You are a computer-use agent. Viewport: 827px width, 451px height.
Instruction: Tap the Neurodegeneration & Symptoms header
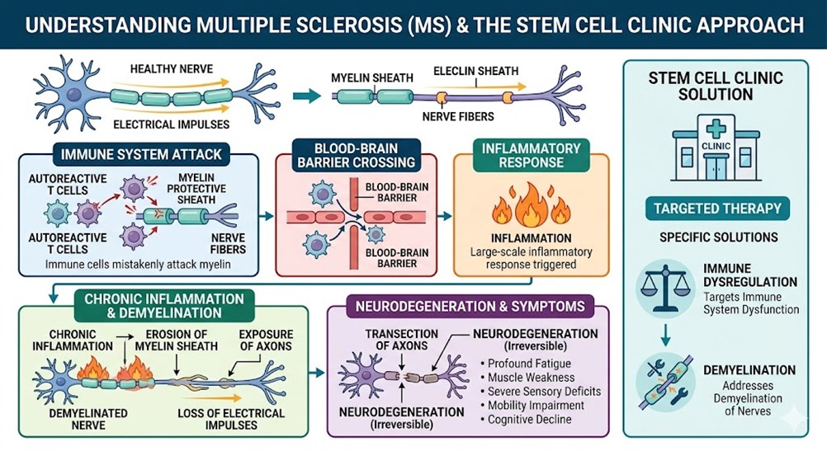pos(470,307)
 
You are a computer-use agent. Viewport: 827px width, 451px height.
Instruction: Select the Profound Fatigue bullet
pos(528,363)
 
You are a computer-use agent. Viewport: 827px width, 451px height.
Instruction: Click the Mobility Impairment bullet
pos(535,405)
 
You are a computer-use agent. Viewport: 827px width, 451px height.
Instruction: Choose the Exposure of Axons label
pos(266,340)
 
